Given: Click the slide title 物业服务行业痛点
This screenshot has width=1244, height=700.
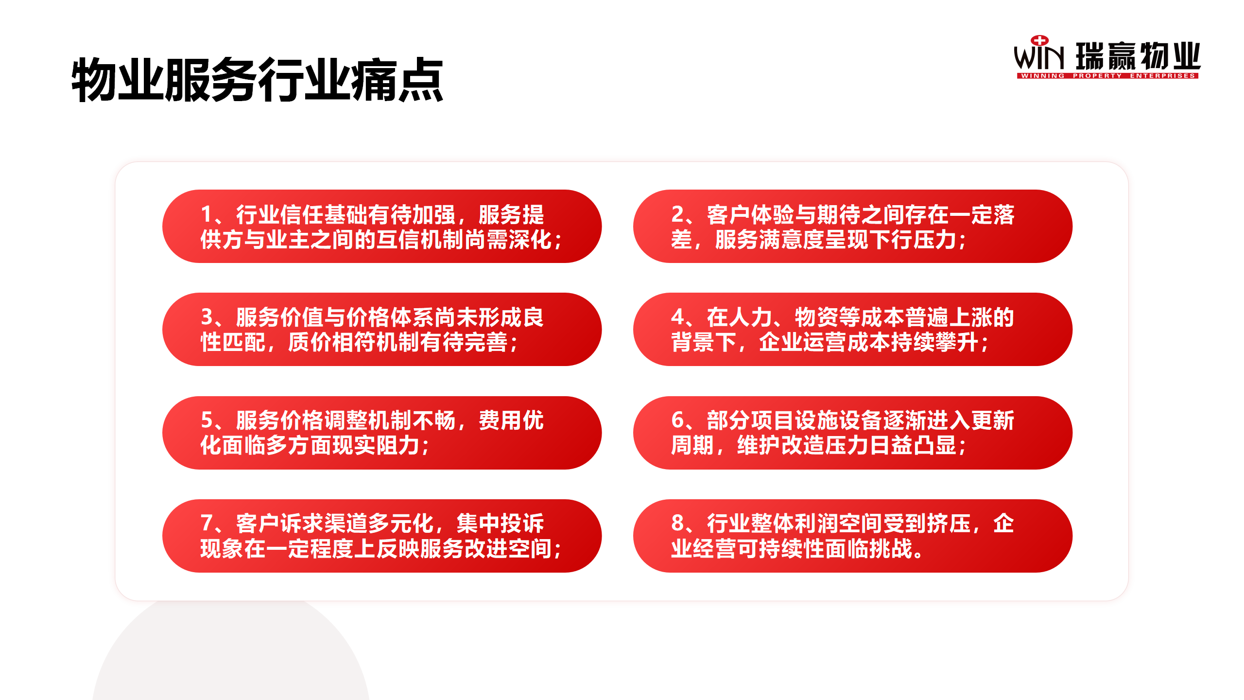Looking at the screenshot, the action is (257, 80).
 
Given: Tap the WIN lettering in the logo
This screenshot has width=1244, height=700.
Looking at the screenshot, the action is (1039, 57).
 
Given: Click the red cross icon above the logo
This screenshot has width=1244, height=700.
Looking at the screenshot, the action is (1039, 40).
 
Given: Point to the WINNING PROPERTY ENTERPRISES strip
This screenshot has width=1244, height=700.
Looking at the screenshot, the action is (1108, 76).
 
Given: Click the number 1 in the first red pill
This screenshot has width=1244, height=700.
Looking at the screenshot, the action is (206, 214).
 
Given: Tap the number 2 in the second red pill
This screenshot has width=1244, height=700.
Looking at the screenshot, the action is (677, 214).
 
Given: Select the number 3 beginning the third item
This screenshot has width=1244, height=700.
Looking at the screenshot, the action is (207, 317).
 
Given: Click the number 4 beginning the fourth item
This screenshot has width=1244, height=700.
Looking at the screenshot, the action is (678, 317).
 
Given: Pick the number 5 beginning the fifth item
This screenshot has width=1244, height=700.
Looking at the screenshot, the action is (207, 420).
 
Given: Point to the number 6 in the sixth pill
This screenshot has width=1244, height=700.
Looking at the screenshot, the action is (678, 420).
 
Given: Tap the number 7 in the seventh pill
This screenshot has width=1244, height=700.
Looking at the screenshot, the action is (207, 523).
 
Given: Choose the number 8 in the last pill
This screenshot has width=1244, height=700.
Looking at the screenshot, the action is (678, 523).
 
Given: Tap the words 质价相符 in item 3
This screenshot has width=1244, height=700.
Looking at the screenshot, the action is (332, 342).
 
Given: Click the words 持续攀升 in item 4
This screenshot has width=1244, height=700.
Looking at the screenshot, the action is (935, 342).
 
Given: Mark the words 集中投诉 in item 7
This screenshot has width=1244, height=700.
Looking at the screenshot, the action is (501, 523).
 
